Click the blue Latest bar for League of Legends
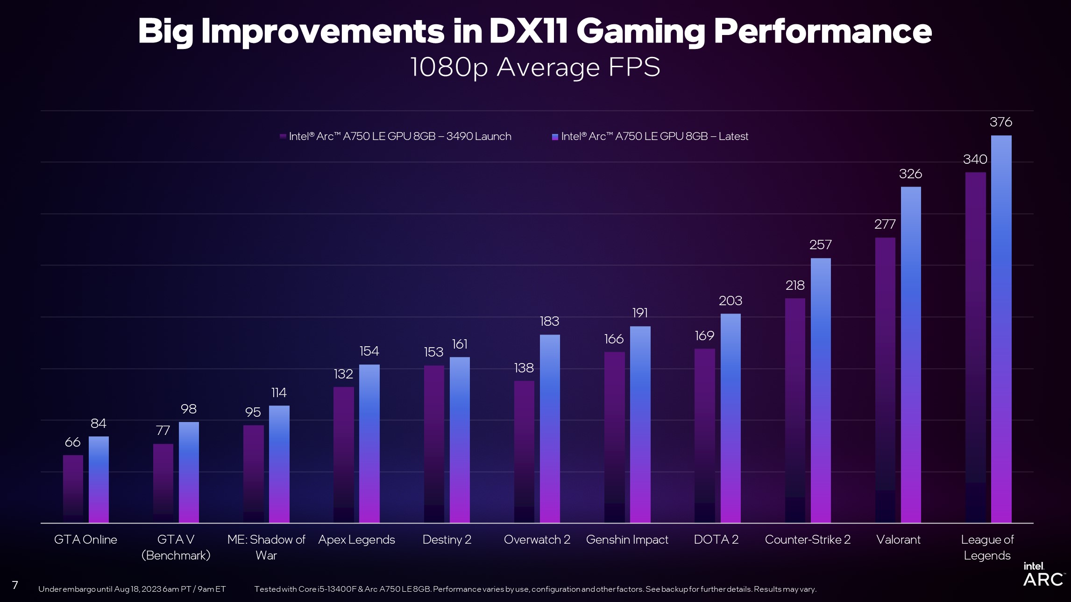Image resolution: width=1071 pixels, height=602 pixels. pos(1001,329)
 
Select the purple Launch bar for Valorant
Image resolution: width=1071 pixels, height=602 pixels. pos(885,380)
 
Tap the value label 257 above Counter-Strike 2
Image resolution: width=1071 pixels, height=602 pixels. pos(821,245)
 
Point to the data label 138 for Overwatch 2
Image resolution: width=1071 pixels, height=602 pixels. pos(524,368)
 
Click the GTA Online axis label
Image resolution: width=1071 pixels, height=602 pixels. pos(85,540)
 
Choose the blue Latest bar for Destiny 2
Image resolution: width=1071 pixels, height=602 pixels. pos(460,440)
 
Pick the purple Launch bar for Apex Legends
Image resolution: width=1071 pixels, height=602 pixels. pos(343,455)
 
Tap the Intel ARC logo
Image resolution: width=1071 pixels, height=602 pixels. pos(1043,574)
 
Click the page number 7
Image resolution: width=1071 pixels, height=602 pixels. pos(15,585)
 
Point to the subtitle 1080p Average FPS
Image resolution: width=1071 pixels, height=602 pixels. pos(535,67)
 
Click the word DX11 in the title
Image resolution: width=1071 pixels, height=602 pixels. pos(528,32)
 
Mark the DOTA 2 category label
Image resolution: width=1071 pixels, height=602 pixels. pos(716,540)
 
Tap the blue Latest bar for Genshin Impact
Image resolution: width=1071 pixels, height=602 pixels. pos(640,425)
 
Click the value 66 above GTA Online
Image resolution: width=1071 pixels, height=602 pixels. pos(72,442)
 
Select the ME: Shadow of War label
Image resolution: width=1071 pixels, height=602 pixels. pos(266,547)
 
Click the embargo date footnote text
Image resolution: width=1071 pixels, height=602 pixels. pos(132,589)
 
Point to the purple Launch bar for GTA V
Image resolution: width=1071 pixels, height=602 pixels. pos(163,483)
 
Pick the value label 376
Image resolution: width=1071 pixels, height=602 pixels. pos(1001,122)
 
